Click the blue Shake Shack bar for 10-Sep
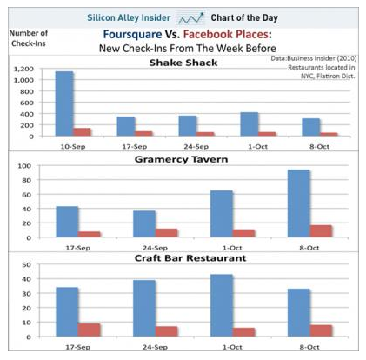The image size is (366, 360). [x=64, y=103]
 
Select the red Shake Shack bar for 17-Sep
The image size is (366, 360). [x=143, y=134]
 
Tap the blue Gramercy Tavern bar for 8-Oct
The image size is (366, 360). [x=298, y=203]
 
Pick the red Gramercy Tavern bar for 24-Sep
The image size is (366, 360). [x=166, y=233]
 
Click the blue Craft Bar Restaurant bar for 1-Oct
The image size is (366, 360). [x=222, y=305]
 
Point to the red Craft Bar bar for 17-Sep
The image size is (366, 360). [x=89, y=330]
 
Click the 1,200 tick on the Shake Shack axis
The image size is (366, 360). [x=23, y=69]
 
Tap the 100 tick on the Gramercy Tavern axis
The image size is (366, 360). [x=24, y=166]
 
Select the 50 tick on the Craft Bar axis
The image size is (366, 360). [x=26, y=264]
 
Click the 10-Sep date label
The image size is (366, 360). [x=73, y=147]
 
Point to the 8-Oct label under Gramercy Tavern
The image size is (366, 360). [x=309, y=248]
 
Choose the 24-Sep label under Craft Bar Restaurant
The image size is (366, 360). [x=155, y=347]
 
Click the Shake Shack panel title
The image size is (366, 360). [x=183, y=63]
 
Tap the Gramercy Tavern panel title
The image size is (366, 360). [x=182, y=159]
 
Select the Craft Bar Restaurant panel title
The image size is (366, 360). [x=190, y=258]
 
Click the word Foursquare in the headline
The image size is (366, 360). [x=132, y=35]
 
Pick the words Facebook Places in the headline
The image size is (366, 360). [x=225, y=35]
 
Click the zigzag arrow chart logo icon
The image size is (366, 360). [x=190, y=18]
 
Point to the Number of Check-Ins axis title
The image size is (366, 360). [x=29, y=38]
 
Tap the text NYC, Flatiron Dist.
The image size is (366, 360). [x=328, y=77]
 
